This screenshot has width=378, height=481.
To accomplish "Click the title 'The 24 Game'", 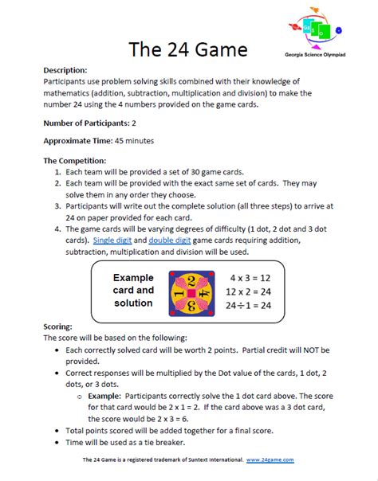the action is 189,49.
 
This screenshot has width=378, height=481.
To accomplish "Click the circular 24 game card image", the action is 189,291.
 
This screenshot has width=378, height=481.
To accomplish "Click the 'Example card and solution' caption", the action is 132,291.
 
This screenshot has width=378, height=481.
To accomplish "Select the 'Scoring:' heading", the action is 61,327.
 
